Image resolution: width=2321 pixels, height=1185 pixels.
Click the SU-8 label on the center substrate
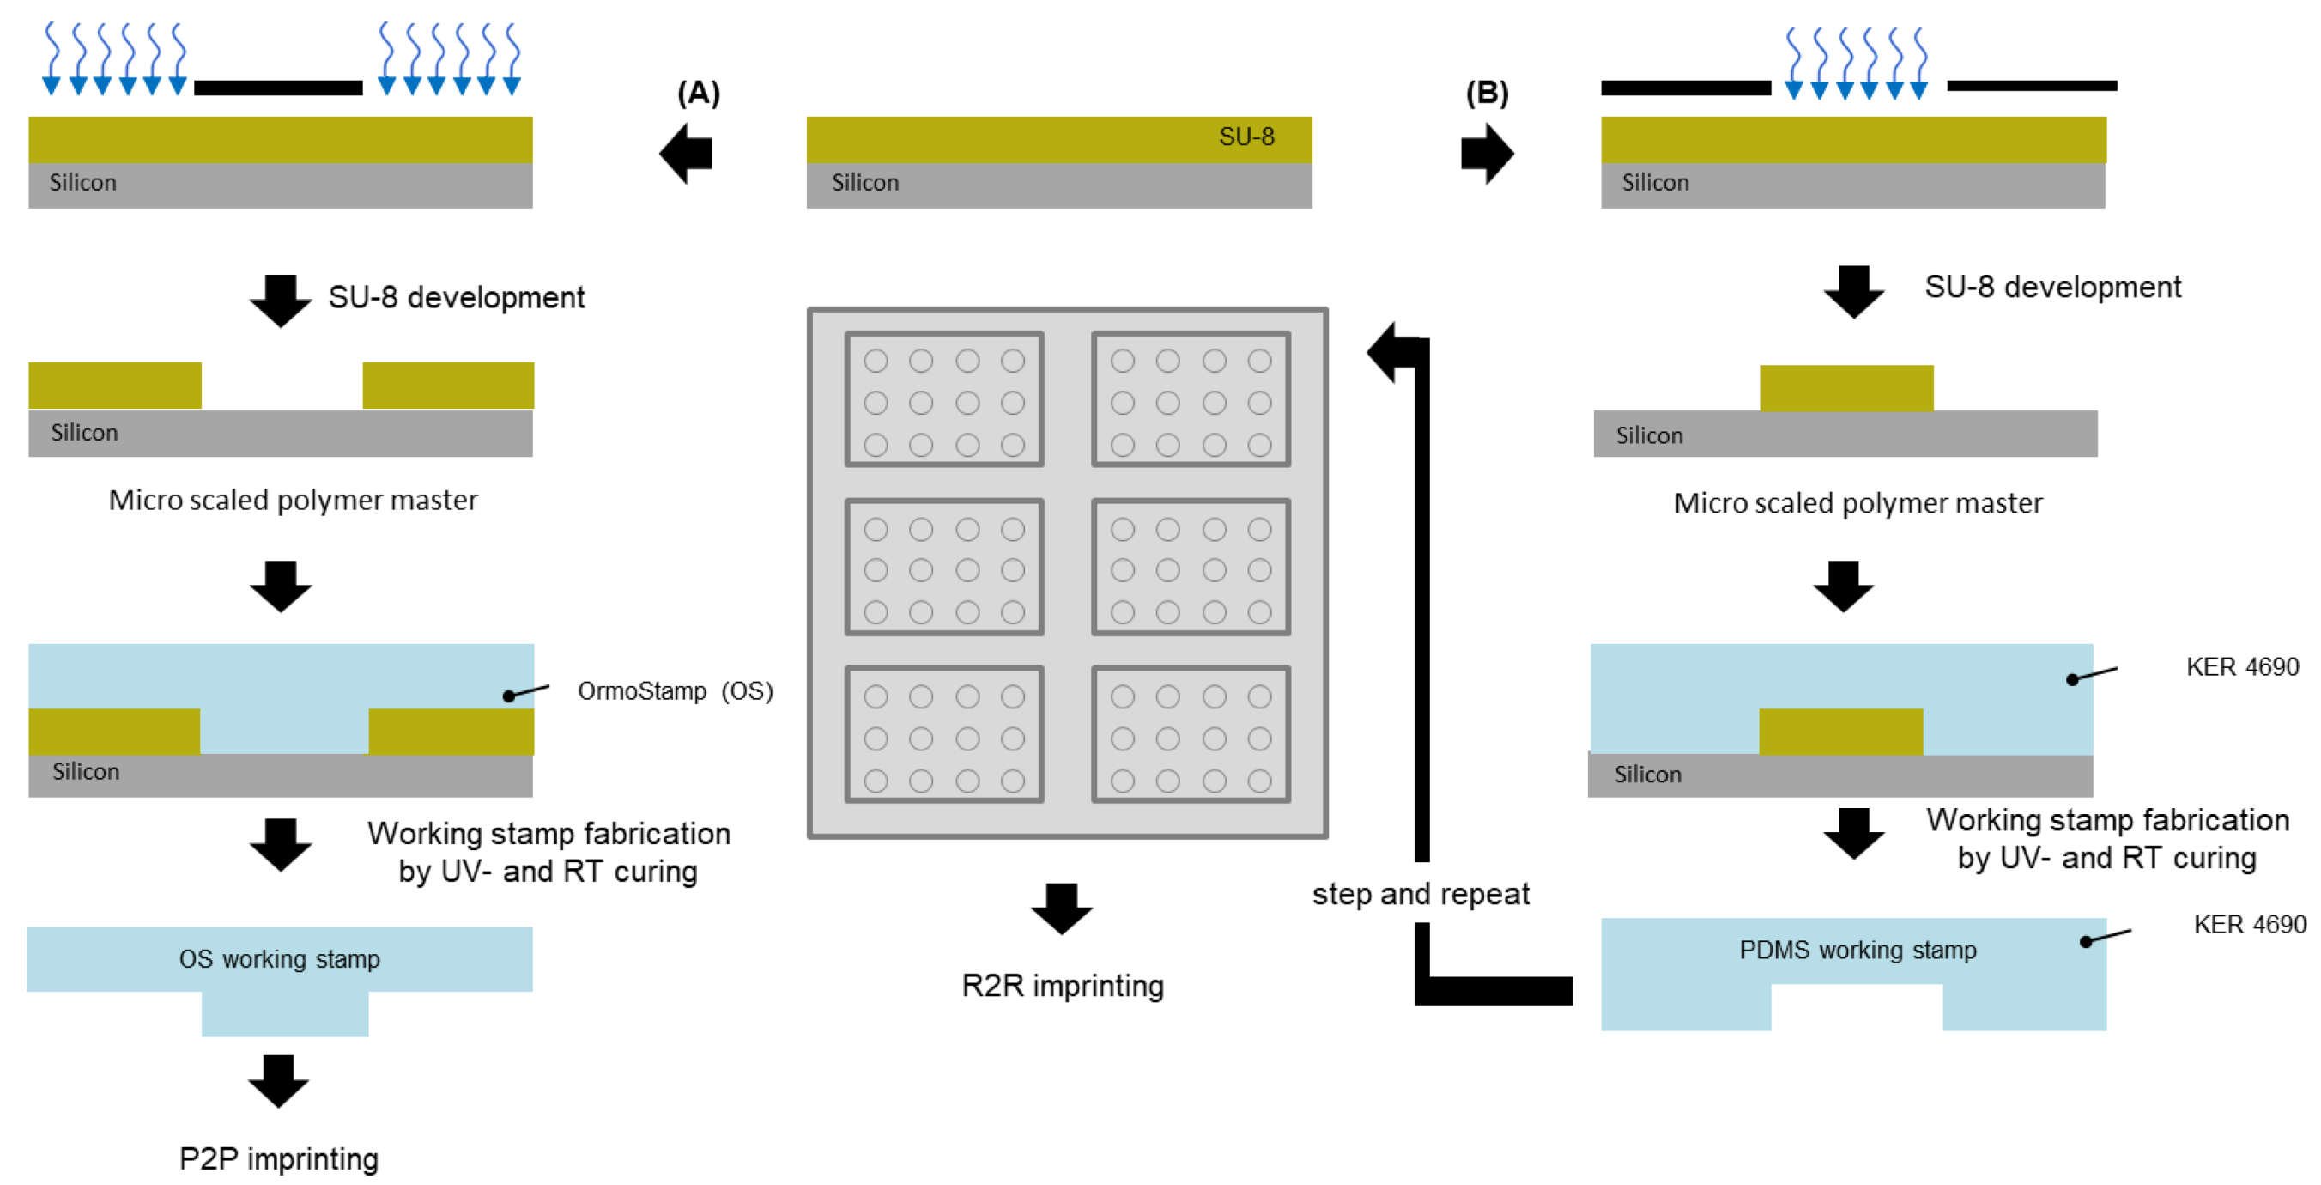1246,137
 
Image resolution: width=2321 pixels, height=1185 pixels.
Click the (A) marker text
699,93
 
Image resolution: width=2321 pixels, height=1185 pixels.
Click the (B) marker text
1487,93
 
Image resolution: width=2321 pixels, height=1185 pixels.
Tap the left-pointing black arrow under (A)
686,153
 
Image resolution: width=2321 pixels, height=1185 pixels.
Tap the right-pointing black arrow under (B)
1487,153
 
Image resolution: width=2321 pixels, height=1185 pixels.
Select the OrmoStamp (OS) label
675,691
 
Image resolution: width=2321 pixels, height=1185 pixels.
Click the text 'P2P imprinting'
278,1158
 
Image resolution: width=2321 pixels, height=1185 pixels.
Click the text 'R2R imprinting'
1063,986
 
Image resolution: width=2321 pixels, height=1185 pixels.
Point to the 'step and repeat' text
1421,894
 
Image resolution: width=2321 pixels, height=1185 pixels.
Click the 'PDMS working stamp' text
1857,951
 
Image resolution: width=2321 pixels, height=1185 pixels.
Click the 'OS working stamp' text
279,959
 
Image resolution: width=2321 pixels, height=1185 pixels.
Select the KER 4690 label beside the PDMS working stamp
2249,925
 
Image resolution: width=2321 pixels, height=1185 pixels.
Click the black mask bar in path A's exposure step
278,88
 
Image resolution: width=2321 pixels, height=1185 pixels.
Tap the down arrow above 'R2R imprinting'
1062,908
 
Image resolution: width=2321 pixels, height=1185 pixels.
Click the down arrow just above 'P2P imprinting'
278,1080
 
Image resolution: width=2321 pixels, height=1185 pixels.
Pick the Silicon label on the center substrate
865,183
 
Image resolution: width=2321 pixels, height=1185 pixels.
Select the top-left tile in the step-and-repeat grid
943,399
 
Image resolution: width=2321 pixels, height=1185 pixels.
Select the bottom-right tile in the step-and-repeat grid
1191,734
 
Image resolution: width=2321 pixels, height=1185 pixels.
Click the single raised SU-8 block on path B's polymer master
1846,388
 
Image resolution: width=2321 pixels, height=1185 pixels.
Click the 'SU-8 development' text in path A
456,297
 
